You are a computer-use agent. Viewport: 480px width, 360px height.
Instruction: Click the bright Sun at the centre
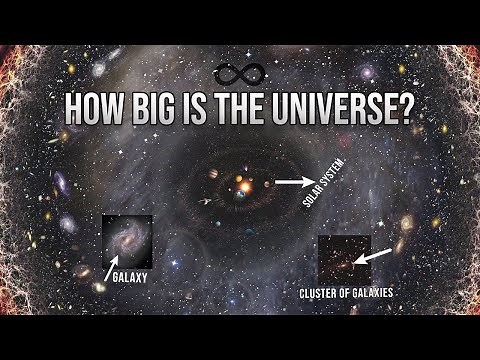click(x=241, y=186)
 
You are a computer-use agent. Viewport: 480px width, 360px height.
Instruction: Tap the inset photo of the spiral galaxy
click(x=127, y=240)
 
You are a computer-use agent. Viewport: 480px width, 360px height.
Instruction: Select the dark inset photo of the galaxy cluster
click(x=343, y=259)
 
